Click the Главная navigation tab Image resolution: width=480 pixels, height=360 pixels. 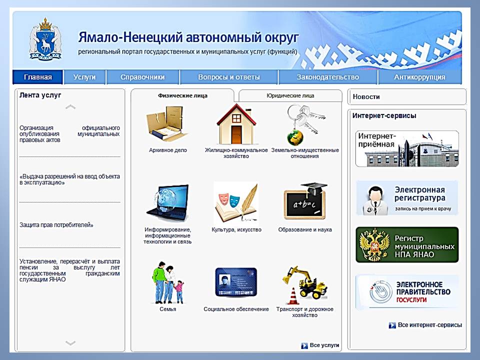pyautogui.click(x=37, y=77)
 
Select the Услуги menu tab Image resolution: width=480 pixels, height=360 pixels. pyautogui.click(x=84, y=77)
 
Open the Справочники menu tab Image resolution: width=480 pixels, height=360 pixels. pyautogui.click(x=142, y=77)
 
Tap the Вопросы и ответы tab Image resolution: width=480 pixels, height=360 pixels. pyautogui.click(x=229, y=77)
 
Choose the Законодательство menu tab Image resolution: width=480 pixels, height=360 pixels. pyautogui.click(x=328, y=77)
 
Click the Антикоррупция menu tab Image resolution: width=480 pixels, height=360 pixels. pyautogui.click(x=419, y=77)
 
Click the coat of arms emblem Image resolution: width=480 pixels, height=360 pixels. pyautogui.click(x=45, y=39)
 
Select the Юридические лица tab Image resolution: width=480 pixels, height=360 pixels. pyautogui.click(x=290, y=95)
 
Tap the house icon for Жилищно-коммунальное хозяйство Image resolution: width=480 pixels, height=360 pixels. pyautogui.click(x=236, y=124)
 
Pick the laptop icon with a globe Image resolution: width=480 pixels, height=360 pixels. pyautogui.click(x=168, y=202)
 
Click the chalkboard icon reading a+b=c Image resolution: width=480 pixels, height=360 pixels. pyautogui.click(x=305, y=201)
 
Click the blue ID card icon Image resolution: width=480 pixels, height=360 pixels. pyautogui.click(x=236, y=282)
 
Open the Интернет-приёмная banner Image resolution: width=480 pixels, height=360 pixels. pyautogui.click(x=407, y=149)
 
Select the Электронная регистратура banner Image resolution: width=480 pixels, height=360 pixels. pyautogui.click(x=407, y=198)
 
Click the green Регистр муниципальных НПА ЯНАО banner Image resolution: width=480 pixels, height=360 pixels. pyautogui.click(x=407, y=245)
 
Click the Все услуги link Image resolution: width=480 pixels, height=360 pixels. pyautogui.click(x=320, y=345)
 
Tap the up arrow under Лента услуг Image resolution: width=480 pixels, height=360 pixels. pyautogui.click(x=70, y=107)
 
